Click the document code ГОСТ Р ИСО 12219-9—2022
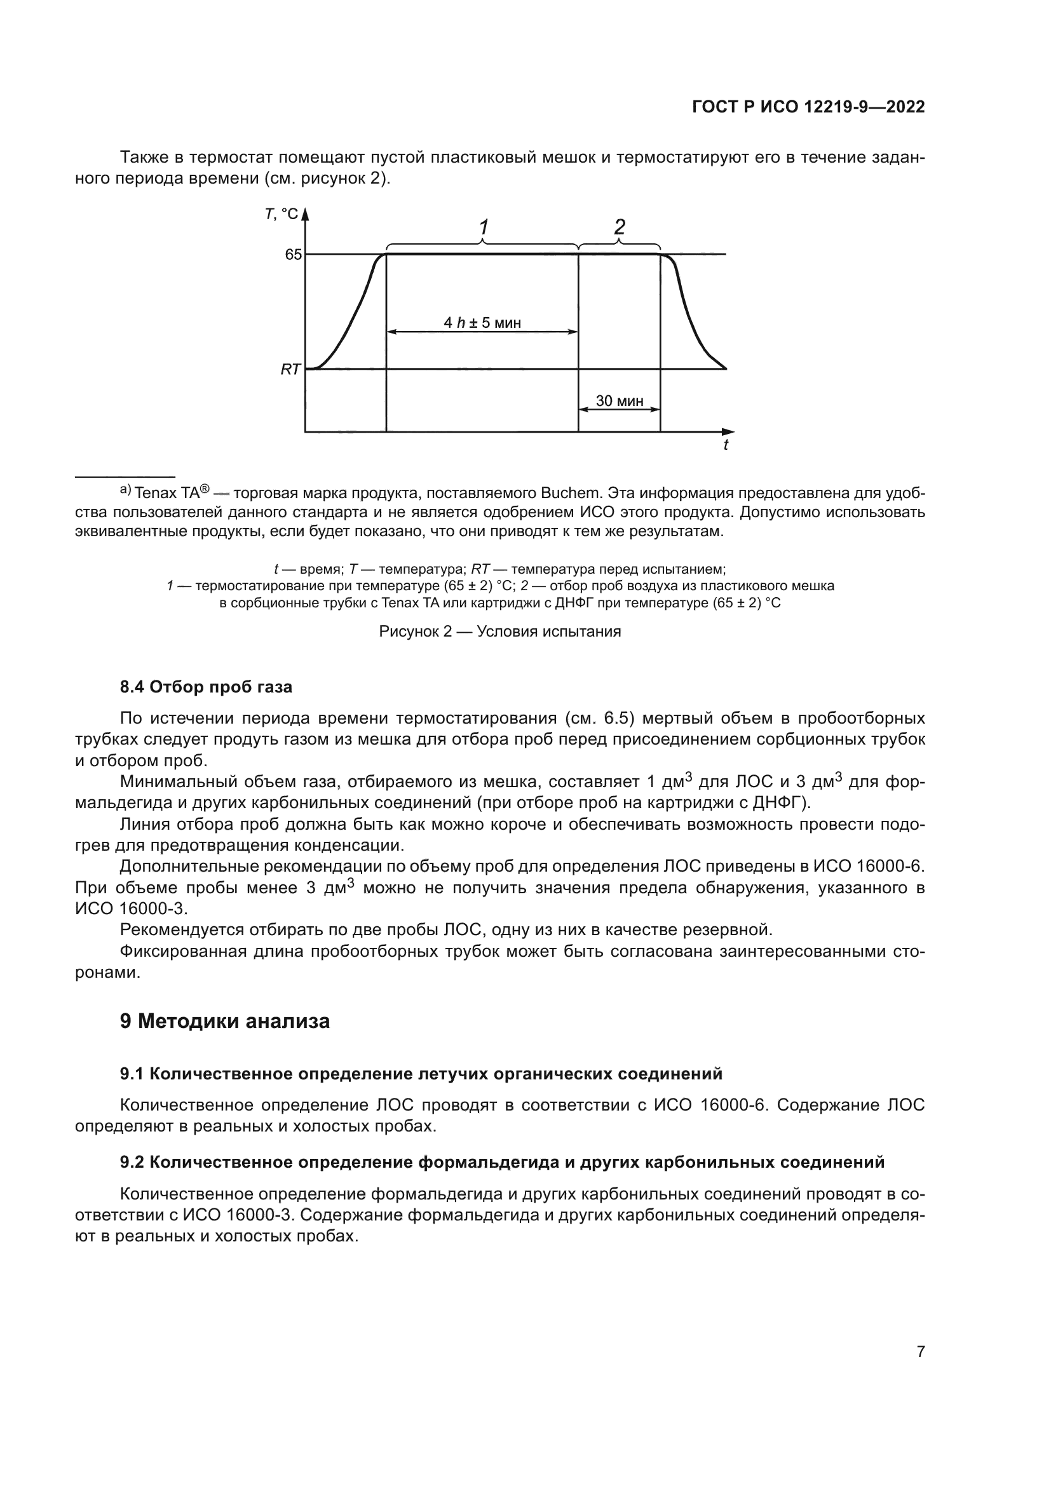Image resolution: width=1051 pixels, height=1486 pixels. [x=808, y=107]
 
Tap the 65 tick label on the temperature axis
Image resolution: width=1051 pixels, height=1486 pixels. [x=293, y=254]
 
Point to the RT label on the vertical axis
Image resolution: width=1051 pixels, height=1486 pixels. [x=290, y=370]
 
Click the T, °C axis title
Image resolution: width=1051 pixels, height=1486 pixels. [x=281, y=214]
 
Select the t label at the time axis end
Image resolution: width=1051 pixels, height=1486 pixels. [x=726, y=445]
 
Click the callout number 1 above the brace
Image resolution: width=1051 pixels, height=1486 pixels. [x=484, y=227]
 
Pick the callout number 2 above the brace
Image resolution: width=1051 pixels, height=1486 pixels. [x=620, y=227]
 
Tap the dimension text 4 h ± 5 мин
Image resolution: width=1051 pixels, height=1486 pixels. [x=482, y=322]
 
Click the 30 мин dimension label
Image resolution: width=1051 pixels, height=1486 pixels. [x=620, y=401]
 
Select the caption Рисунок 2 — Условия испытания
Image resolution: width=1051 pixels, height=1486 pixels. [x=499, y=632]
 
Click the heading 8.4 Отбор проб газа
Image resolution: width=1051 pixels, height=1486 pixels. [x=206, y=687]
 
